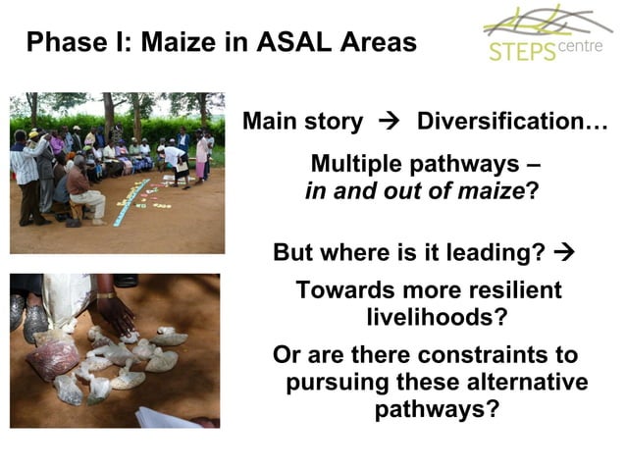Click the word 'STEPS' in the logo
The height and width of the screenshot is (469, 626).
pos(520,51)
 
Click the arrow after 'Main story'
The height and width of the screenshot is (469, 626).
pos(391,123)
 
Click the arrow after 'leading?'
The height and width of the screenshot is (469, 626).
pos(563,253)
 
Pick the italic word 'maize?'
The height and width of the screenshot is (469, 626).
pos(492,190)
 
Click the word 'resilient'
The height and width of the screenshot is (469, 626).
pos(507,290)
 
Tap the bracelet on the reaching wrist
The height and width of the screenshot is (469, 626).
pos(105,294)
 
